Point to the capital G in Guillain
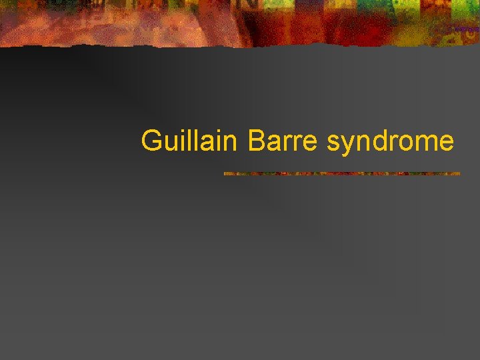tap(151, 141)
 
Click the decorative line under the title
tap(341, 173)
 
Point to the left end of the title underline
tap(225, 173)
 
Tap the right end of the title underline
tap(459, 173)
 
